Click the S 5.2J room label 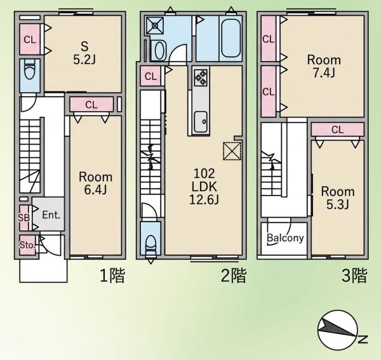tap(84, 53)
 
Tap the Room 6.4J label tap(95, 183)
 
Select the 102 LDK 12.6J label tap(204, 187)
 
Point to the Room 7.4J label tap(324, 66)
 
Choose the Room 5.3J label tap(338, 197)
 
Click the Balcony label tap(285, 238)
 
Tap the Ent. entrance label tap(51, 215)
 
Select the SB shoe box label tap(24, 218)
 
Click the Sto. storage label tap(27, 245)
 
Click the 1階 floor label tap(112, 276)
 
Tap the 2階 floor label tap(234, 276)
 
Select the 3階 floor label tap(354, 276)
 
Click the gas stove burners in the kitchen tap(201, 77)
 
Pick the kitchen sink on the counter tap(201, 122)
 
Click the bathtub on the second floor tap(231, 38)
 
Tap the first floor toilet tap(30, 69)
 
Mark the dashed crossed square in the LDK tap(232, 151)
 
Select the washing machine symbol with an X tap(154, 25)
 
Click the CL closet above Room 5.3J tap(338, 130)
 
